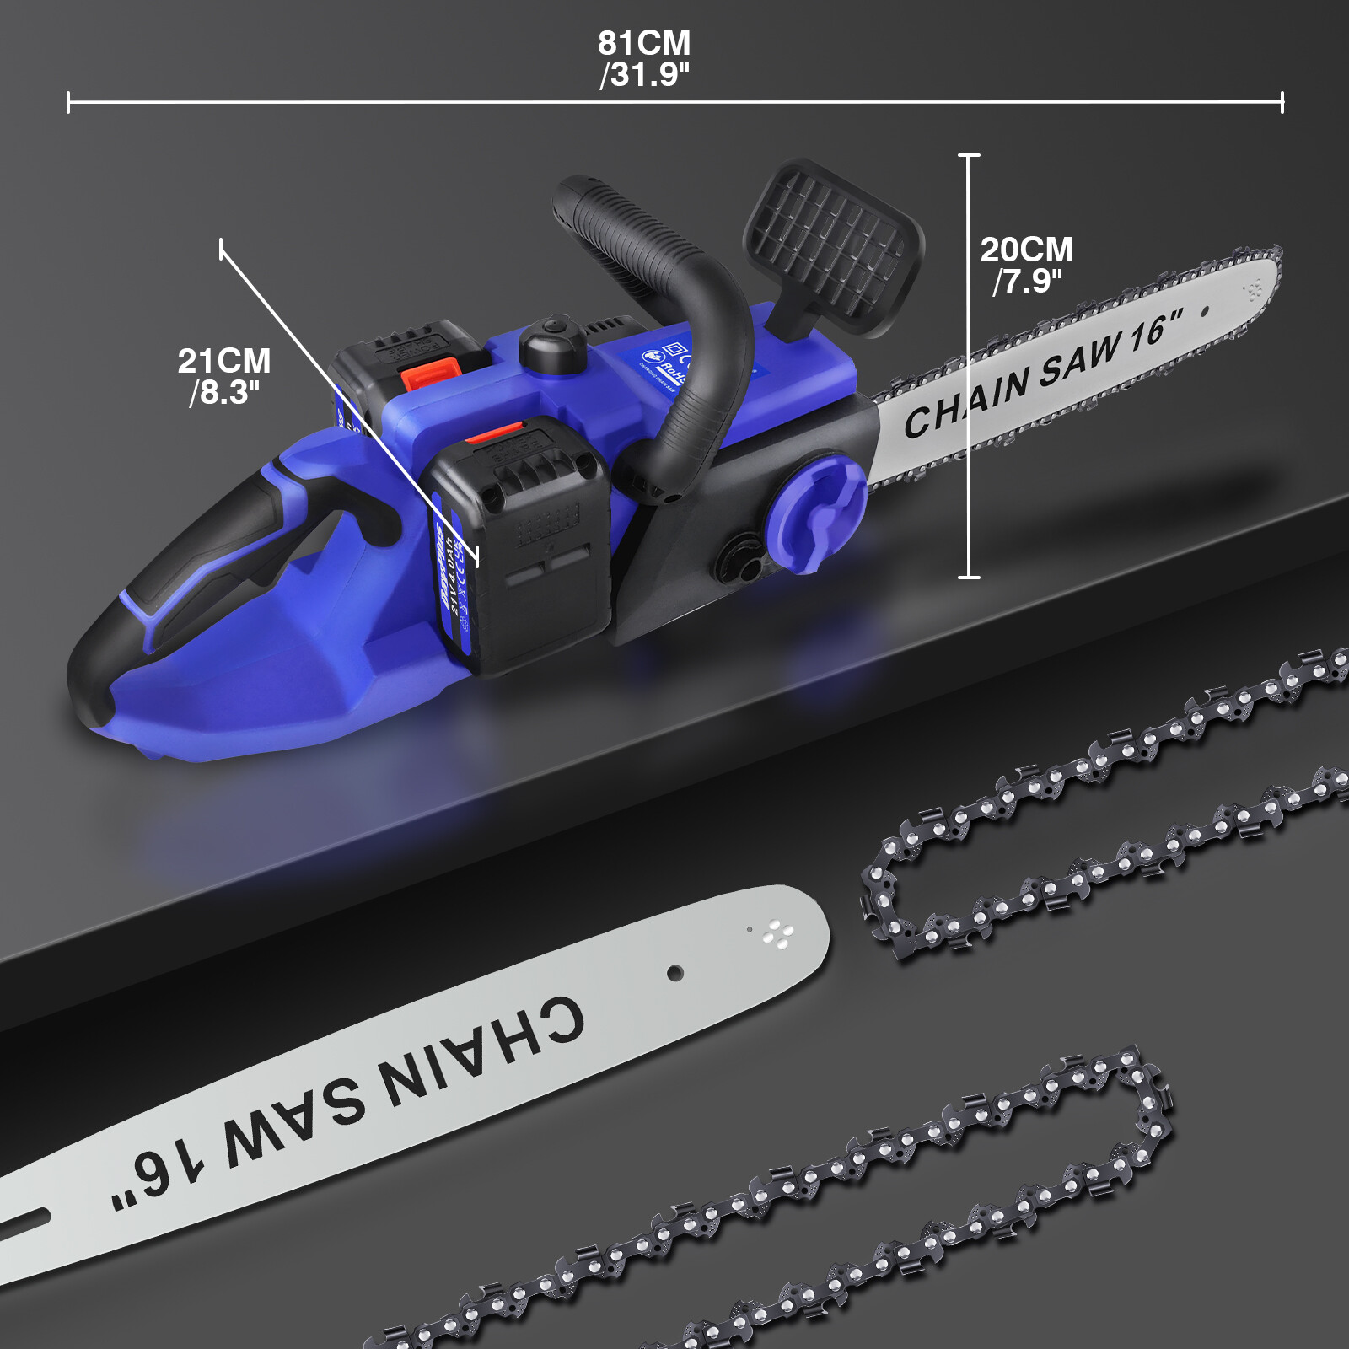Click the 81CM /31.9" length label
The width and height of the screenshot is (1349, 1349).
pyautogui.click(x=644, y=59)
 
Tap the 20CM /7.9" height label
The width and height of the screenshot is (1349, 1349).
pyautogui.click(x=1026, y=265)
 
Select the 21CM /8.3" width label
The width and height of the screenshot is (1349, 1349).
pyautogui.click(x=224, y=376)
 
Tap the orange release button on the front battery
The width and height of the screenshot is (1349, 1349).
pyautogui.click(x=497, y=433)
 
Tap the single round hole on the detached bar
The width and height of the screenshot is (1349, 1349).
pyautogui.click(x=674, y=973)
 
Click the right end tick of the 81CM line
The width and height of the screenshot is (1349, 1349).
pyautogui.click(x=1282, y=103)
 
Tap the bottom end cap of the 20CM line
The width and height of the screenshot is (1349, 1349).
pyautogui.click(x=969, y=577)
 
